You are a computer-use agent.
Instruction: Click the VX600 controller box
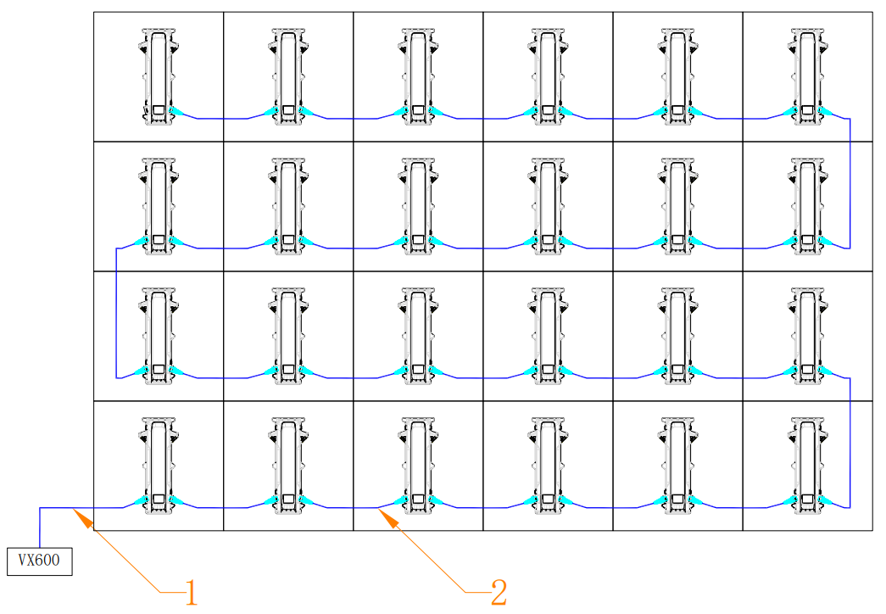(x=40, y=561)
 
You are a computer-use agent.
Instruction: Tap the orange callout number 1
(x=192, y=593)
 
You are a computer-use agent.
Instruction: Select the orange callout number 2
(x=499, y=593)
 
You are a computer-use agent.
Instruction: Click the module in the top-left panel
(x=159, y=76)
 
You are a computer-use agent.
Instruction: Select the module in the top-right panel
(x=807, y=76)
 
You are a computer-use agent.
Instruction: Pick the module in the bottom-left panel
(x=159, y=466)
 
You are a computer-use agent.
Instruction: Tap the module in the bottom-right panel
(x=807, y=466)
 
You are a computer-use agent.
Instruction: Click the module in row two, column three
(x=418, y=206)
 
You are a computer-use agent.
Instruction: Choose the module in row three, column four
(x=548, y=337)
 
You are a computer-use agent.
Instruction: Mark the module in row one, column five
(x=677, y=76)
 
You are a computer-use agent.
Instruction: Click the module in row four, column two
(x=289, y=466)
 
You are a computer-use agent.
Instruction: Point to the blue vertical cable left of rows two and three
(x=116, y=313)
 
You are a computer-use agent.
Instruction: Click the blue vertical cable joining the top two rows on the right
(x=850, y=183)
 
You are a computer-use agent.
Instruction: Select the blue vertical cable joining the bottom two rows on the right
(x=850, y=443)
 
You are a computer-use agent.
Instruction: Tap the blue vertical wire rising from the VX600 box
(x=40, y=527)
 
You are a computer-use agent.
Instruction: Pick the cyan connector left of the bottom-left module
(x=142, y=500)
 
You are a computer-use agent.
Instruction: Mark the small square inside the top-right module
(x=807, y=109)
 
